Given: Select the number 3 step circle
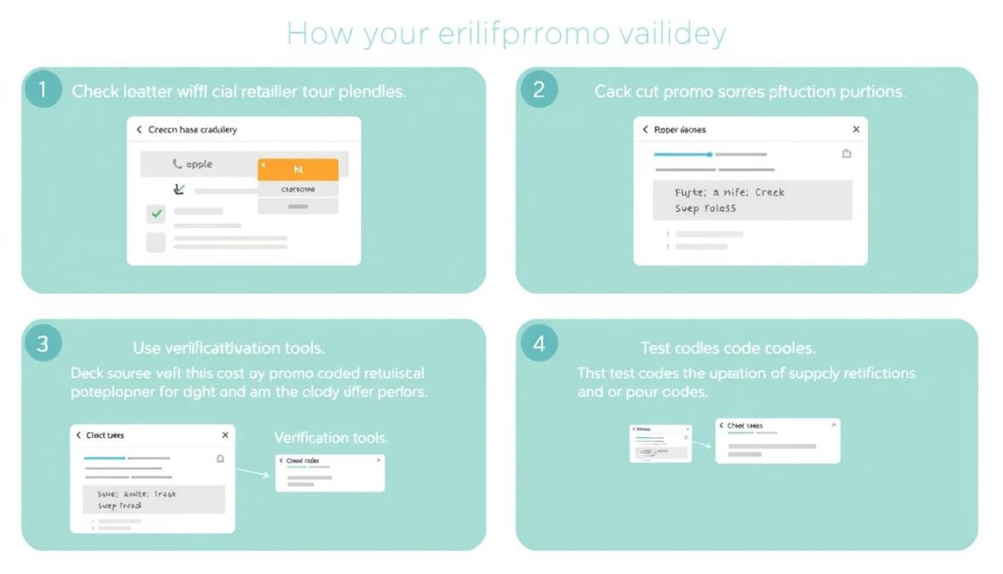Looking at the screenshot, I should pyautogui.click(x=43, y=344).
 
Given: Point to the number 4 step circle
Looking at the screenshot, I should pyautogui.click(x=538, y=344).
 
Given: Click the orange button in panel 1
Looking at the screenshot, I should pyautogui.click(x=297, y=169).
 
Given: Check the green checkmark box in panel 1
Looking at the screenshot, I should pyautogui.click(x=156, y=213).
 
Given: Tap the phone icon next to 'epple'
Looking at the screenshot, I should pyautogui.click(x=177, y=164).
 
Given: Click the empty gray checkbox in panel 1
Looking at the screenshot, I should pyautogui.click(x=156, y=242).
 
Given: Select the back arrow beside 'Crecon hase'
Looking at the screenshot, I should pyautogui.click(x=139, y=130).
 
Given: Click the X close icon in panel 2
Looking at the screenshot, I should pyautogui.click(x=855, y=129).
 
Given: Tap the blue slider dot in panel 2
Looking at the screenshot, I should pyautogui.click(x=710, y=155).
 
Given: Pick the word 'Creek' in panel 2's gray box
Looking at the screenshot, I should pyautogui.click(x=769, y=192).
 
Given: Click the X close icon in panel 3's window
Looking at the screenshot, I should pyautogui.click(x=225, y=435).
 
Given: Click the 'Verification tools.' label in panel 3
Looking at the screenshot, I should pyautogui.click(x=331, y=438).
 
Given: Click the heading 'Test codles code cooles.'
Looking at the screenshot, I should pyautogui.click(x=728, y=348).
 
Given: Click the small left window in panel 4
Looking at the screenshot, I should pyautogui.click(x=660, y=442).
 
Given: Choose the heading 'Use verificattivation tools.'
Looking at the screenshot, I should pyautogui.click(x=228, y=348).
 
